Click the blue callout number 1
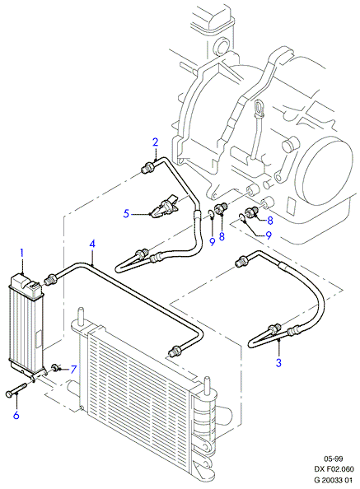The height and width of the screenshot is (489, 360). (x=22, y=253)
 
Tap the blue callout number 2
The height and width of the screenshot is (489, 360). (x=156, y=142)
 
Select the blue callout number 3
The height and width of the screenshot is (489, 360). (x=278, y=363)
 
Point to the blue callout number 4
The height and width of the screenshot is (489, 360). (x=92, y=244)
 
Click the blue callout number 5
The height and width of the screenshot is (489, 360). (x=126, y=214)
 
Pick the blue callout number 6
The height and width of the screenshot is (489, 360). (x=16, y=415)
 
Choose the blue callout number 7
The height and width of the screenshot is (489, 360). (x=73, y=370)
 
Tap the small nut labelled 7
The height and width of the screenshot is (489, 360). (x=55, y=367)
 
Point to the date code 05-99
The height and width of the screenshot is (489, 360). (x=334, y=459)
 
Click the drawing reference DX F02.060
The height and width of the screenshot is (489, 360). (x=334, y=468)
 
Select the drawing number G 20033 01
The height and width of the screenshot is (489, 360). (x=334, y=479)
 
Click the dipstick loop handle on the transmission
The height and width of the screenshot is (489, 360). (x=259, y=108)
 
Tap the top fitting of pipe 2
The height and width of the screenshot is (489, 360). (x=147, y=167)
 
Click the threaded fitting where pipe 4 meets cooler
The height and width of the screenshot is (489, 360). (x=50, y=278)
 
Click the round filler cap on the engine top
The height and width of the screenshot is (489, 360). (x=222, y=45)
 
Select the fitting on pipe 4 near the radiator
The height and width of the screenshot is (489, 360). (x=174, y=350)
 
